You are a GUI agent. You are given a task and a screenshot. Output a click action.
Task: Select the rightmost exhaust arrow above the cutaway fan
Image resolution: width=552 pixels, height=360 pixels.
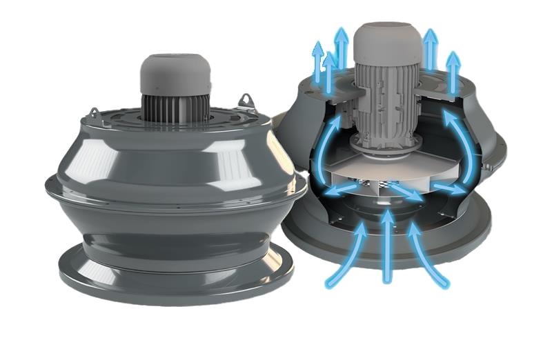453,72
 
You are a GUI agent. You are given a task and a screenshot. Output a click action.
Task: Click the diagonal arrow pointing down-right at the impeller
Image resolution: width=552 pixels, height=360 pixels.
407,191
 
